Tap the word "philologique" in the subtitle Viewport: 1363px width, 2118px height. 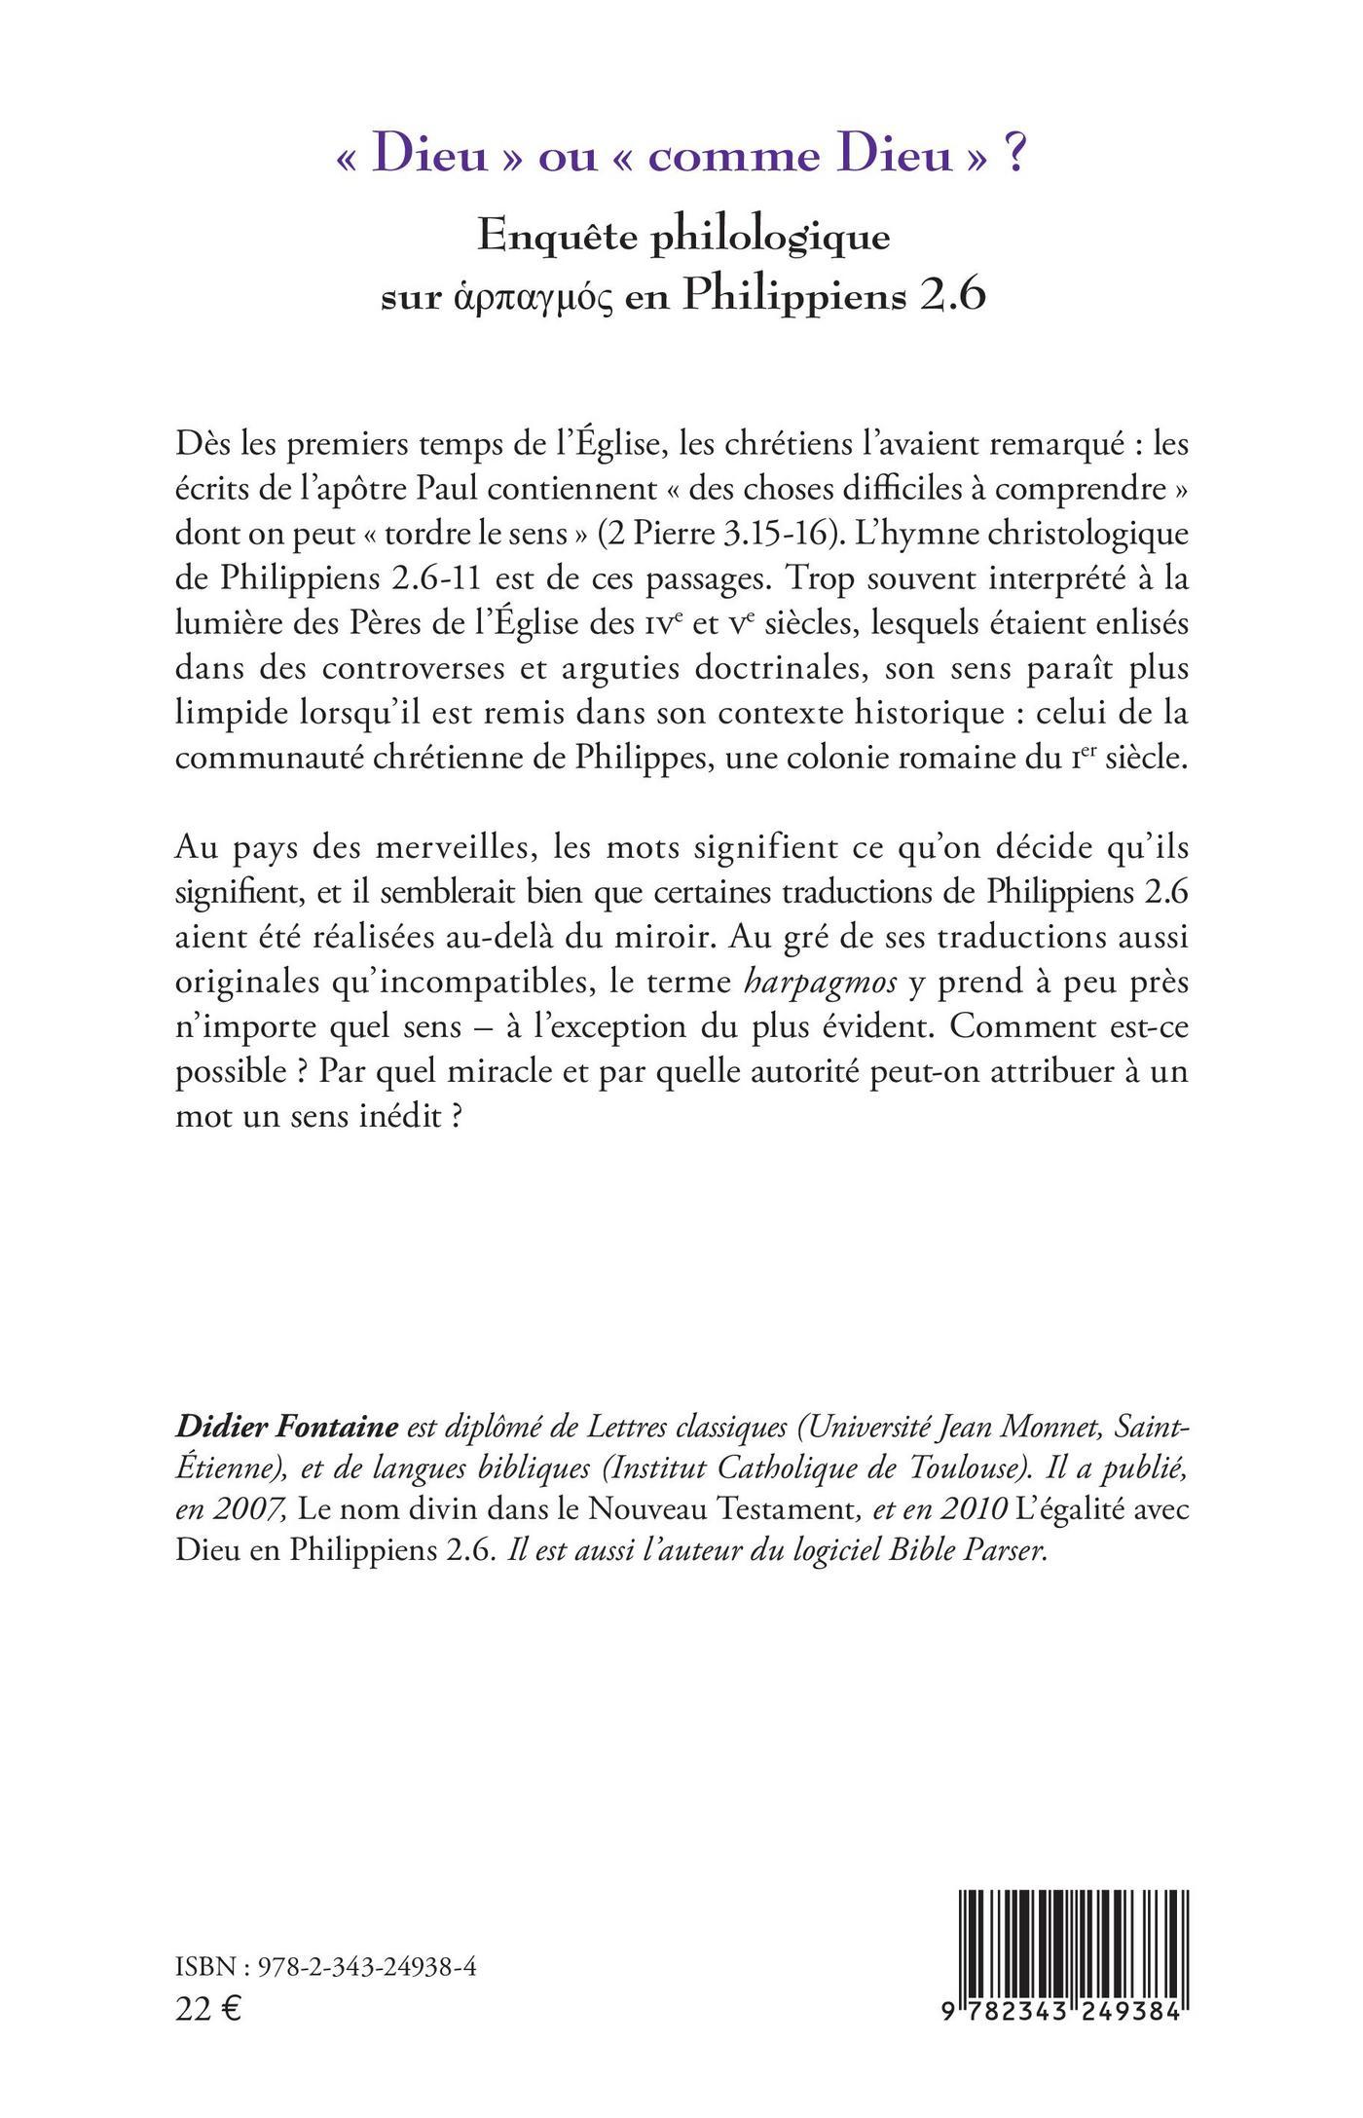[x=769, y=238]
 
